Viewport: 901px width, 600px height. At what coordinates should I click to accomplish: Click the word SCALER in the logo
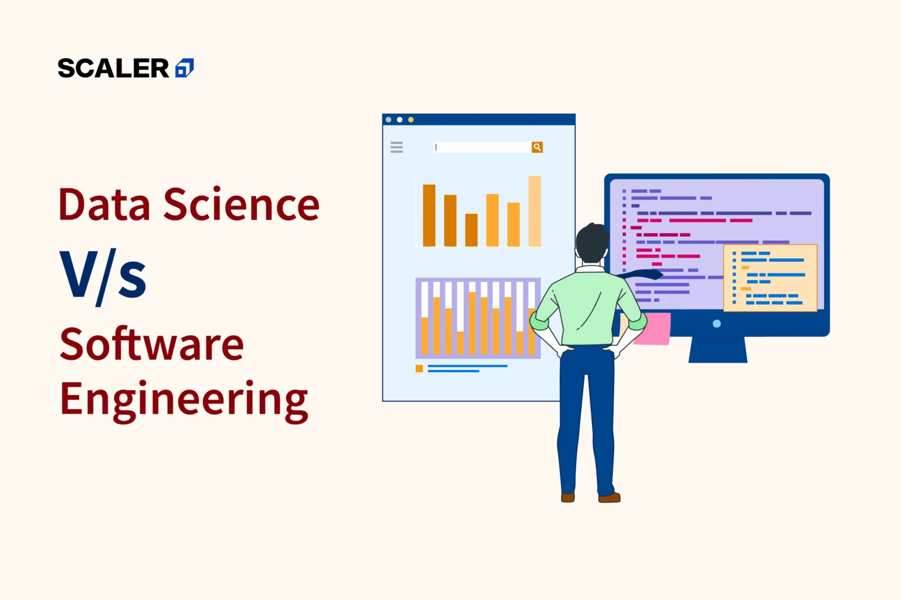click(x=113, y=69)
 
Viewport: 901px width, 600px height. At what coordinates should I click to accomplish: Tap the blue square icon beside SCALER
click(x=185, y=69)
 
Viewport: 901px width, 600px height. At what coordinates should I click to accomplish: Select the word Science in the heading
click(x=241, y=205)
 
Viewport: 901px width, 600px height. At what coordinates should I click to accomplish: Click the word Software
click(x=151, y=345)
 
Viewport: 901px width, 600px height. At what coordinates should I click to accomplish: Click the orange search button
click(x=537, y=147)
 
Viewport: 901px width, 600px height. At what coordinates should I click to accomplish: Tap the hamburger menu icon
click(x=397, y=147)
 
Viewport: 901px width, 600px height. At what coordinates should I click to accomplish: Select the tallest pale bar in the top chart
click(x=534, y=211)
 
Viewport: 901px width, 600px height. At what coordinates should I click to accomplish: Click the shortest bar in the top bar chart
click(x=471, y=230)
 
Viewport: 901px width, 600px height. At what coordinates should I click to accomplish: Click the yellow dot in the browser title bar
click(x=411, y=120)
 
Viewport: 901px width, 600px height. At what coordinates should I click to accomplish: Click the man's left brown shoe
click(x=567, y=497)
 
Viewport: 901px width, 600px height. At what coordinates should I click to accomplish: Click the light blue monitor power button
click(x=716, y=323)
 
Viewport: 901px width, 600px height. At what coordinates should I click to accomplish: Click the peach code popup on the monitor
click(x=770, y=278)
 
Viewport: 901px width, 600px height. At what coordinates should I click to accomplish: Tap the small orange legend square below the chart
click(x=419, y=369)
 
